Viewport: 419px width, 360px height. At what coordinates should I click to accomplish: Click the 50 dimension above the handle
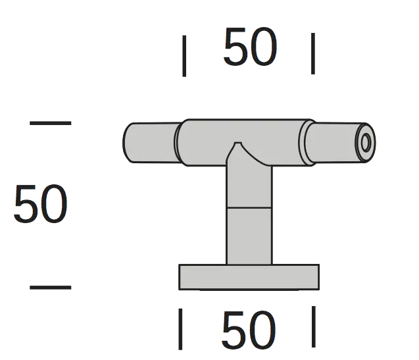tap(250, 46)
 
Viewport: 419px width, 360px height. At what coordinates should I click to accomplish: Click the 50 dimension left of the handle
tap(40, 203)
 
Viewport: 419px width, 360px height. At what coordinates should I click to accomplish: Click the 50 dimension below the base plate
tap(249, 330)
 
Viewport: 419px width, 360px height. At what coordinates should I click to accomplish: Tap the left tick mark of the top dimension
tap(184, 56)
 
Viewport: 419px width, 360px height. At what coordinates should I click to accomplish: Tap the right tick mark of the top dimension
tap(313, 53)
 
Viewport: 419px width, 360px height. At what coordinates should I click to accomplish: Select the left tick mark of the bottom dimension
tap(180, 329)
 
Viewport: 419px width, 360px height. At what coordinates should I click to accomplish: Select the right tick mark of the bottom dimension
tap(314, 326)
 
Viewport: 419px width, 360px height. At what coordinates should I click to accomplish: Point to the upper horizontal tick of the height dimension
tap(51, 123)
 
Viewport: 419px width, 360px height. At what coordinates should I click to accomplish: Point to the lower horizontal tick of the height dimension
tap(51, 288)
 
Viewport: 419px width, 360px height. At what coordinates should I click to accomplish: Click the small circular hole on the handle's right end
tap(366, 143)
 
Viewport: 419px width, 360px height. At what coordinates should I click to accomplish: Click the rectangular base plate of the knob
tap(249, 277)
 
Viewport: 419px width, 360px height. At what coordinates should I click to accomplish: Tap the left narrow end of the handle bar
tap(151, 143)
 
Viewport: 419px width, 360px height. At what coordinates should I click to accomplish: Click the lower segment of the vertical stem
tap(249, 236)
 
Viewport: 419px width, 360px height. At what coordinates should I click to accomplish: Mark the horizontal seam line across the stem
tap(249, 207)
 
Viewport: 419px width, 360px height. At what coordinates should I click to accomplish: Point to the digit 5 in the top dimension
tap(235, 46)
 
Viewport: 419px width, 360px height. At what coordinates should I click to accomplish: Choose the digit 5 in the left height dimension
tap(24, 203)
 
